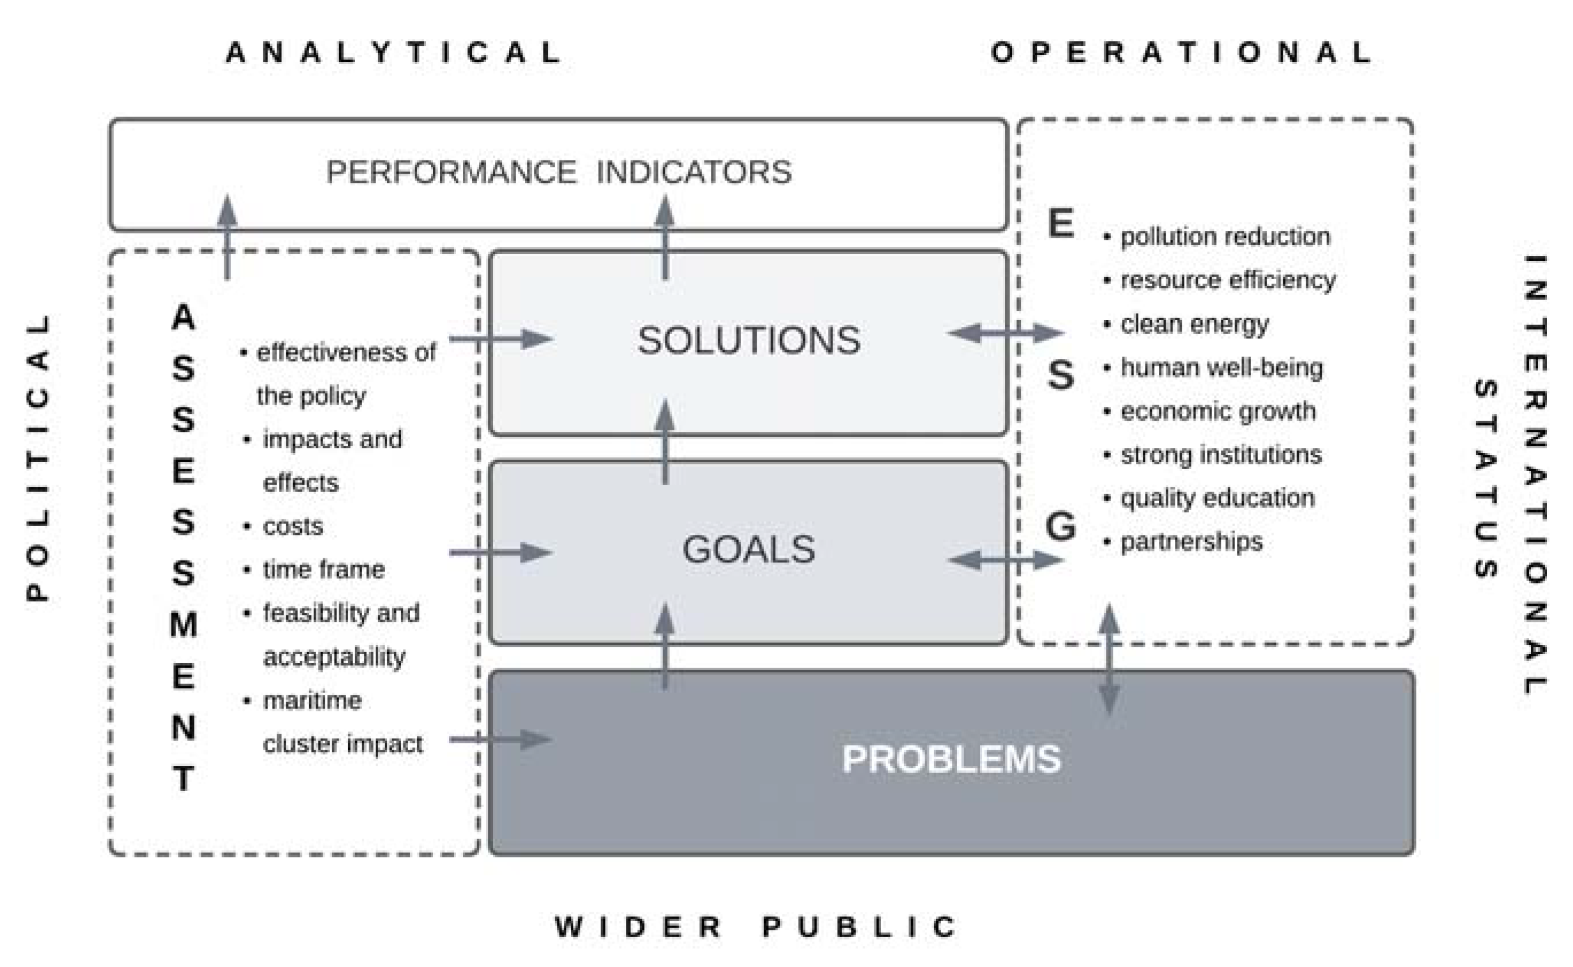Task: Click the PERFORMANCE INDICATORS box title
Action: [559, 172]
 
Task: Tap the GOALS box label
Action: [748, 549]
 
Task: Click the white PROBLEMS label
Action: [951, 759]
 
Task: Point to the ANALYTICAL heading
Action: [394, 52]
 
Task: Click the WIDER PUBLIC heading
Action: [755, 926]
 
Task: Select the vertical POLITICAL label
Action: [38, 457]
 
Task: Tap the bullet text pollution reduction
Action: [1225, 237]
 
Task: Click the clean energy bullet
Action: [1194, 324]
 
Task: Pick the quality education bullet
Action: [1217, 498]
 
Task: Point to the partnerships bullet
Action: [1192, 542]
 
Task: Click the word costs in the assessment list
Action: [293, 526]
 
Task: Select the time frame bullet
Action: [323, 569]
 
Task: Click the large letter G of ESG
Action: [1060, 526]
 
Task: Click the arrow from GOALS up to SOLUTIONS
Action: [665, 441]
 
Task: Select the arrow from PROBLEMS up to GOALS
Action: [665, 646]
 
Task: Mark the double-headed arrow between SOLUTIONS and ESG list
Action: [1006, 332]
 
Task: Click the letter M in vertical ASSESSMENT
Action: [184, 624]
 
